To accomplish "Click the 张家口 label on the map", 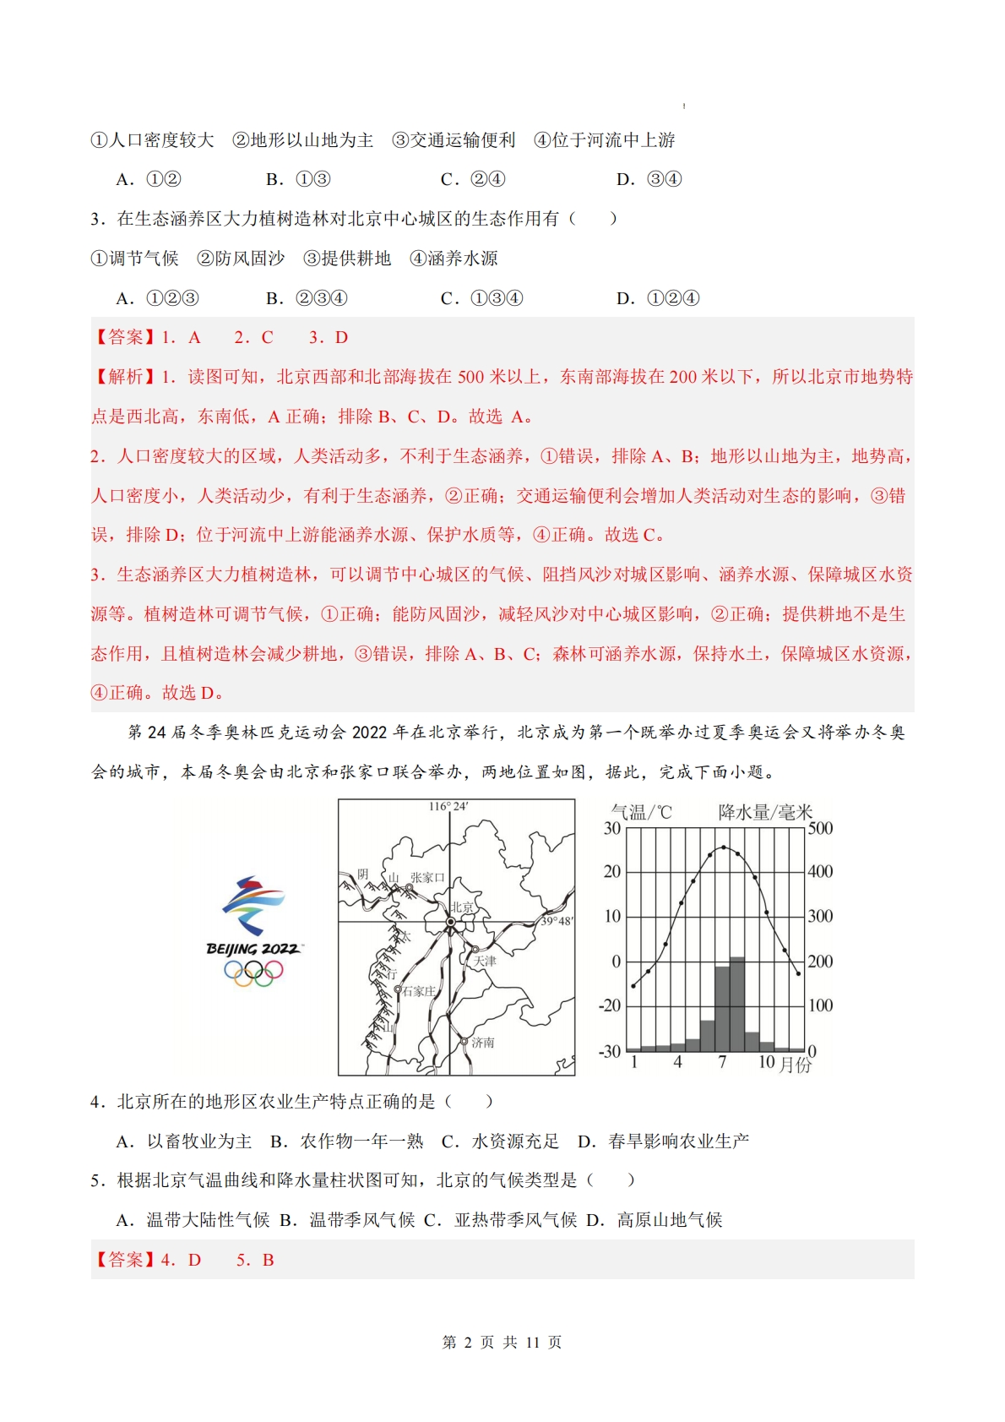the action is tap(426, 878).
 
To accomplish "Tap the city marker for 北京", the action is tap(450, 923).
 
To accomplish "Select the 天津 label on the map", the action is tap(485, 961).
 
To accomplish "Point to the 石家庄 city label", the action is tap(419, 991).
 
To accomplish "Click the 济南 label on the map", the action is tap(483, 1043).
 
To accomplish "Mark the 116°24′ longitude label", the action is tap(448, 807).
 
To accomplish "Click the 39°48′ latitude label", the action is tap(557, 921).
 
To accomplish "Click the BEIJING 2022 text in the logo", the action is tap(253, 949).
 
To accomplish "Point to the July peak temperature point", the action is tap(723, 847).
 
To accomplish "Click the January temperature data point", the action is tap(634, 985).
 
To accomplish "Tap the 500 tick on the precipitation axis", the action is tap(820, 828).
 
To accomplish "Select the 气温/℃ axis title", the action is tap(641, 812).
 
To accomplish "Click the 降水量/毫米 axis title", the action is tap(764, 812).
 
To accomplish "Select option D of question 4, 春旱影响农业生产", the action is tap(664, 1141).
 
